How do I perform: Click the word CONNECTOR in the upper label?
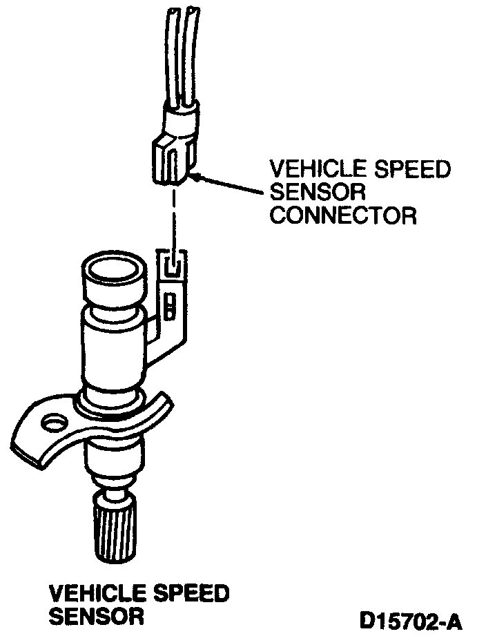click(343, 215)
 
